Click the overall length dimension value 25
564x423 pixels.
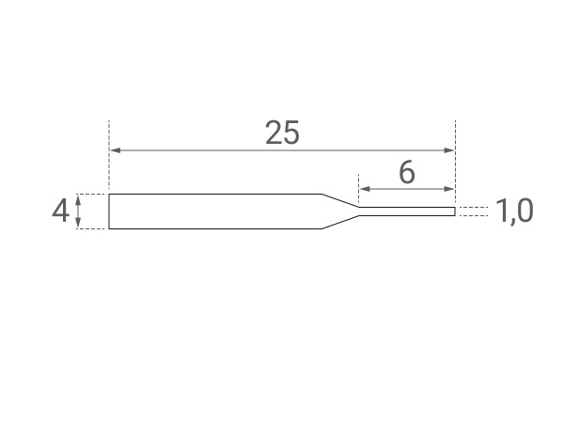click(x=282, y=133)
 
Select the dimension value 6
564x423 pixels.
click(x=407, y=173)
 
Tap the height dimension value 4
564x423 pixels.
click(x=60, y=211)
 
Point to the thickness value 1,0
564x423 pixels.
click(x=514, y=211)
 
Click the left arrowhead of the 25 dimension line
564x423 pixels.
click(x=114, y=150)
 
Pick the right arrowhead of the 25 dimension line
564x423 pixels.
click(x=450, y=150)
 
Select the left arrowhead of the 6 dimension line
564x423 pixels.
click(x=363, y=189)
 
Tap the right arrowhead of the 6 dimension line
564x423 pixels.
click(x=450, y=189)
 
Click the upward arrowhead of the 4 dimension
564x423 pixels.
click(x=79, y=197)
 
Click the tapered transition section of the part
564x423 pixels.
click(x=340, y=211)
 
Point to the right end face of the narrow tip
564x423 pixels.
click(x=455, y=211)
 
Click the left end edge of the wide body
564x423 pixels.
click(x=109, y=211)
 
